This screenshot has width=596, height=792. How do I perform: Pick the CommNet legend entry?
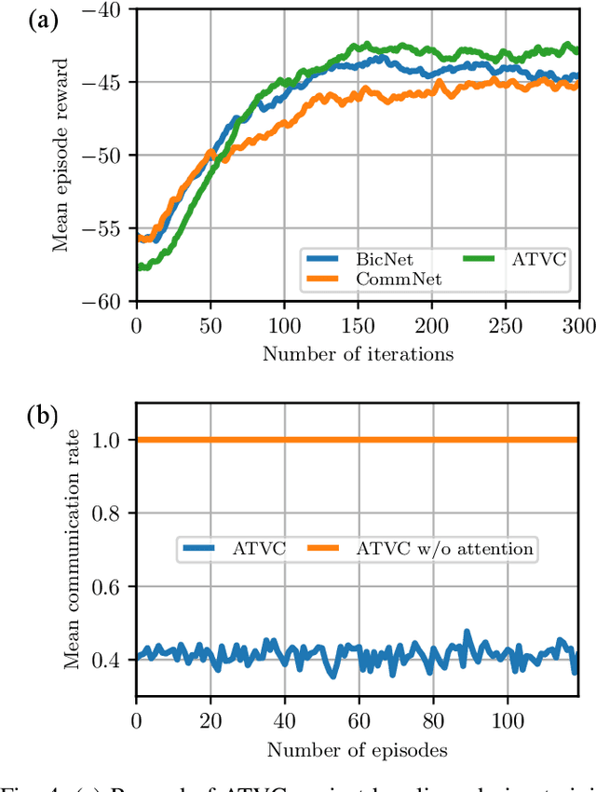pos(383,278)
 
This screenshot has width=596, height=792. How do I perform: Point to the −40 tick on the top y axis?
pos(109,9)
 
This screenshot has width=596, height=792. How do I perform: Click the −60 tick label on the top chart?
pos(109,301)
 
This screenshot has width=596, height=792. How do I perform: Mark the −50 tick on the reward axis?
pos(109,156)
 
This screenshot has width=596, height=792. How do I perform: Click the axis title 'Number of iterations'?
pos(358,353)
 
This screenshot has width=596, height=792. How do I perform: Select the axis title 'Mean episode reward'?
pos(61,156)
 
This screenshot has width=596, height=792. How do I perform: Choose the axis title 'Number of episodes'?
pos(358,749)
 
